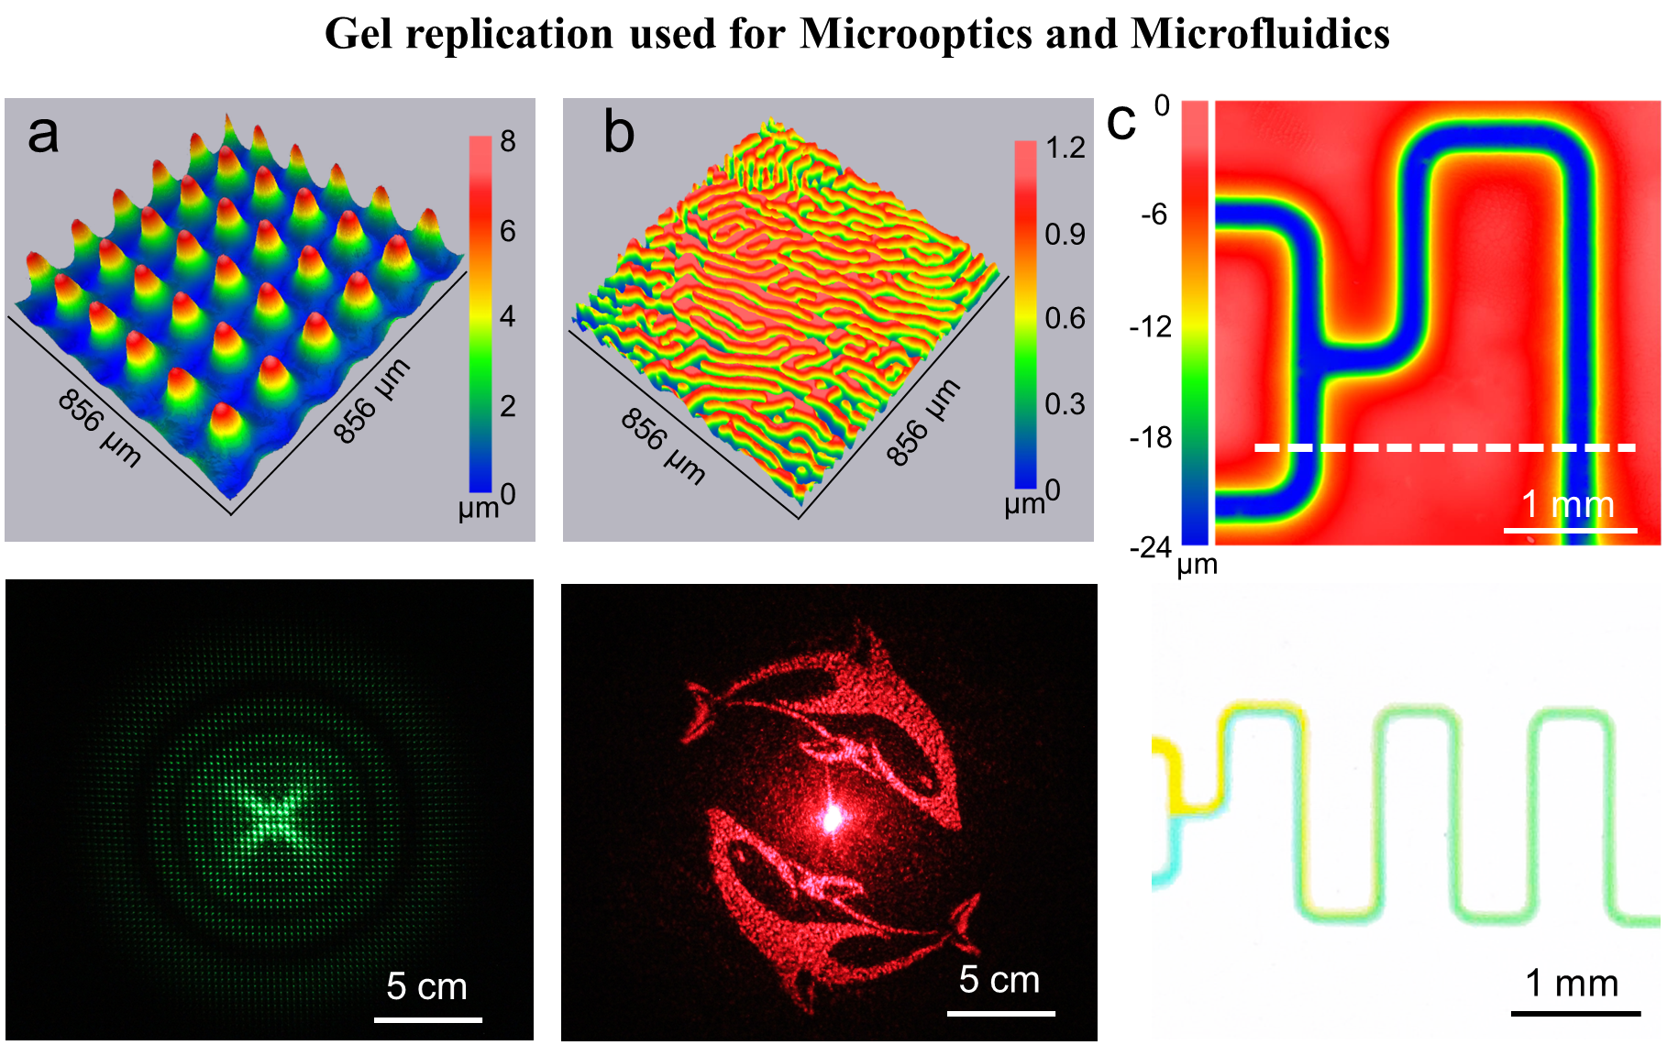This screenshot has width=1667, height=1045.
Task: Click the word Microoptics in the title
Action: click(x=916, y=34)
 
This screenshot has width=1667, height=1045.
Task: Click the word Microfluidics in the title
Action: click(x=1260, y=34)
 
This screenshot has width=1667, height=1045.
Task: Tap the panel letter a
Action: click(x=43, y=135)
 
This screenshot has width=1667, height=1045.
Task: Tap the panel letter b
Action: click(x=619, y=134)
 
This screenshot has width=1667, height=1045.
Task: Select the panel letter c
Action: click(x=1121, y=122)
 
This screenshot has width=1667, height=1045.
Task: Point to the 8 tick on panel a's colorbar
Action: click(x=507, y=142)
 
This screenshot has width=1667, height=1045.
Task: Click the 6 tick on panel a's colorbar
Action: click(x=507, y=230)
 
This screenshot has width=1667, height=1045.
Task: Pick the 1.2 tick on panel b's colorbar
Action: click(x=1065, y=148)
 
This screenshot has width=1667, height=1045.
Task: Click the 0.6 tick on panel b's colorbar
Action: click(x=1065, y=319)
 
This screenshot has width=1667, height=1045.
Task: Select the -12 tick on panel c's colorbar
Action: click(x=1151, y=327)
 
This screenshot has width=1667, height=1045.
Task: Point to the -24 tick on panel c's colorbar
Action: click(x=1151, y=548)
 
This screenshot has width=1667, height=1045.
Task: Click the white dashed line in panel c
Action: click(x=1444, y=448)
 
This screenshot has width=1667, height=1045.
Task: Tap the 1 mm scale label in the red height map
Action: click(x=1567, y=505)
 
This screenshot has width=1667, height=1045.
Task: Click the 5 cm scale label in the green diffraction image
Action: click(x=426, y=987)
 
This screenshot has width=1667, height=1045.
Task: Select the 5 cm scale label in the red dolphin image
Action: click(x=999, y=980)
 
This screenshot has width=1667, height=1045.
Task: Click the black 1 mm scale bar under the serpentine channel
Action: click(x=1574, y=1013)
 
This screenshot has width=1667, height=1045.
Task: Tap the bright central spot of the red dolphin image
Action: click(x=832, y=818)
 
